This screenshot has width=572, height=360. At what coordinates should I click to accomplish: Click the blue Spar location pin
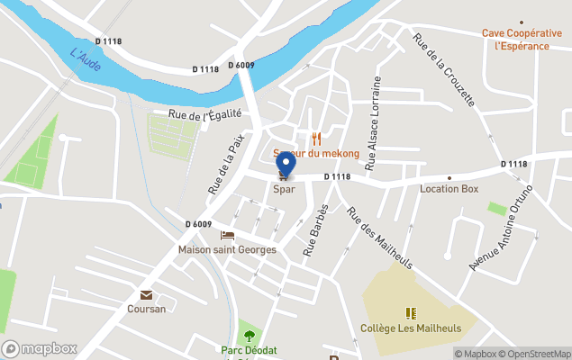pyautogui.click(x=286, y=166)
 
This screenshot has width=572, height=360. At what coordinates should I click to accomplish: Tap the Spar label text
pyautogui.click(x=285, y=190)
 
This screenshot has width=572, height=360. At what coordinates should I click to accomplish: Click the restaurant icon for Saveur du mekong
pyautogui.click(x=316, y=139)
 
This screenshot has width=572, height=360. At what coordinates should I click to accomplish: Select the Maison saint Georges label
pyautogui.click(x=227, y=249)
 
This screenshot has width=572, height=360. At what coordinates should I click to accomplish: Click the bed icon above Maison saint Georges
pyautogui.click(x=227, y=235)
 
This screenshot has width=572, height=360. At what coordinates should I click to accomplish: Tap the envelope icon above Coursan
pyautogui.click(x=146, y=295)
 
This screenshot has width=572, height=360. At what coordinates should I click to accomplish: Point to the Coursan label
pyautogui.click(x=146, y=309)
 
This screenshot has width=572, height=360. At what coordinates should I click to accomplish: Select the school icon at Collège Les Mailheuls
pyautogui.click(x=412, y=313)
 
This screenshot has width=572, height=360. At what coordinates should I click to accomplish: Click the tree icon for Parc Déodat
pyautogui.click(x=249, y=335)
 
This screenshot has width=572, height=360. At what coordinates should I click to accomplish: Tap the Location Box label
pyautogui.click(x=449, y=189)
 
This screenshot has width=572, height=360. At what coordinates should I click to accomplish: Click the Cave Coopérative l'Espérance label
pyautogui.click(x=521, y=40)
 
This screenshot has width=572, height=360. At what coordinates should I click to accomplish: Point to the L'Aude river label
pyautogui.click(x=86, y=60)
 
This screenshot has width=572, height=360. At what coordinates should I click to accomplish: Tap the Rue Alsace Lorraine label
pyautogui.click(x=372, y=117)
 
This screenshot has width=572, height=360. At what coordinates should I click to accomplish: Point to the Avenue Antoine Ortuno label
pyautogui.click(x=502, y=229)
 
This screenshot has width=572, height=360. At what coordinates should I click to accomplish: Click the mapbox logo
pyautogui.click(x=40, y=348)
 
